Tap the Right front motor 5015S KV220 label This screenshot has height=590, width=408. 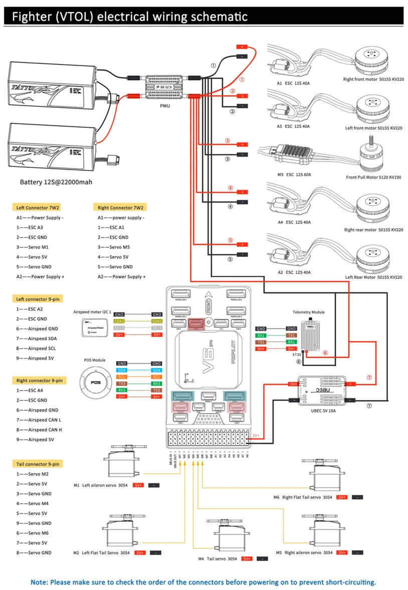tap(373, 79)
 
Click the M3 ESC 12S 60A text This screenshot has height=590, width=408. tap(294, 175)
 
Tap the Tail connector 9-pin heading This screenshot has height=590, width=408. tap(39, 464)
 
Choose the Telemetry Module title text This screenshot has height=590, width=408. tap(309, 312)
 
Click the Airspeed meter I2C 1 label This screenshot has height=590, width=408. tap(92, 312)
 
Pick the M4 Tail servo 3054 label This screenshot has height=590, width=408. tap(218, 558)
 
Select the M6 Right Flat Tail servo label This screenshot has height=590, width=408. tap(302, 497)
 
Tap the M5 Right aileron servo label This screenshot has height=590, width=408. tap(304, 552)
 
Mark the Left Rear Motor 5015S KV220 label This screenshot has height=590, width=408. tap(374, 277)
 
